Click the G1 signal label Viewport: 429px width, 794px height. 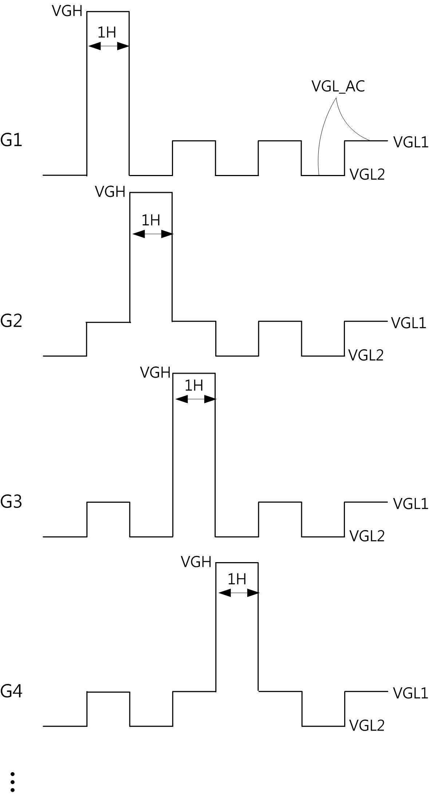tap(11, 140)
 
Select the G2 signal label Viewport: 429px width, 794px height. tap(11, 321)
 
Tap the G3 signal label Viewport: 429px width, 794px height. tap(11, 502)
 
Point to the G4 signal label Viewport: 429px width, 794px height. tap(11, 691)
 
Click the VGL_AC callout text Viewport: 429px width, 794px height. tap(338, 86)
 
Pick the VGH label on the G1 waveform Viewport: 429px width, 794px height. tap(67, 11)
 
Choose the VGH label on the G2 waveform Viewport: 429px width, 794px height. tap(110, 191)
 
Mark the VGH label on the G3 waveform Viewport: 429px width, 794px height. tap(155, 373)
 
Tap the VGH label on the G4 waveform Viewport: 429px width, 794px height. tap(196, 562)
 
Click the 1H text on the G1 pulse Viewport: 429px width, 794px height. tap(107, 33)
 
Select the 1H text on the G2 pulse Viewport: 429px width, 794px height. tap(150, 220)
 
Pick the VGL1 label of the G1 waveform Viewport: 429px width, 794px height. tap(411, 142)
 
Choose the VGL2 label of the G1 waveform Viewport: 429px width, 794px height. tap(367, 175)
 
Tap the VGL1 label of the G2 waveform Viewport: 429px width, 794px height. tap(409, 323)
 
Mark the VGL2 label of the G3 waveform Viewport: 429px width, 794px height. tap(367, 536)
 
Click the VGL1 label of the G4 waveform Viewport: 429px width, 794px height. tap(410, 693)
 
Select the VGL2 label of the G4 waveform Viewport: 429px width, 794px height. tap(367, 725)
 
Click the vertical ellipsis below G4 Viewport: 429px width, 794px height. tap(12, 782)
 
